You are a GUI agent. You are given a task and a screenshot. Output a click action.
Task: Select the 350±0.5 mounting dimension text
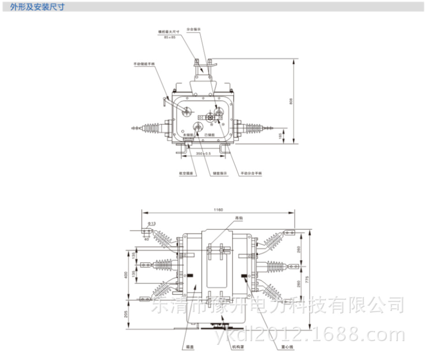click(x=203, y=154)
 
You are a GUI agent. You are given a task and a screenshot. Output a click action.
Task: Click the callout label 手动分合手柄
click(x=251, y=174)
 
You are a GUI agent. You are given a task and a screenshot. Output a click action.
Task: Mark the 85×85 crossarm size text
click(x=169, y=36)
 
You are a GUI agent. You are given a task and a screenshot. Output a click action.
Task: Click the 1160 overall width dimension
click(x=218, y=210)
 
